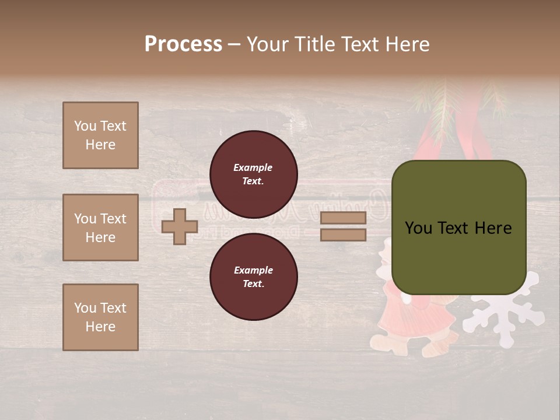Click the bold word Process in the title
point(183,44)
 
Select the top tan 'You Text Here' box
point(100,135)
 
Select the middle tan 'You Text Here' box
point(100,228)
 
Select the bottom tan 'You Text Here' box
point(100,317)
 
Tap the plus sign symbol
point(180,226)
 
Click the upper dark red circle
point(253,174)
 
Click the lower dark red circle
point(253,276)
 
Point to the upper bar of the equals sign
point(343,218)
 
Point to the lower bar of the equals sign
point(343,235)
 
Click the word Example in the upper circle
point(253,167)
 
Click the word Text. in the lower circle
point(253,283)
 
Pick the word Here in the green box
point(492,228)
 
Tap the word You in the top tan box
point(85,126)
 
